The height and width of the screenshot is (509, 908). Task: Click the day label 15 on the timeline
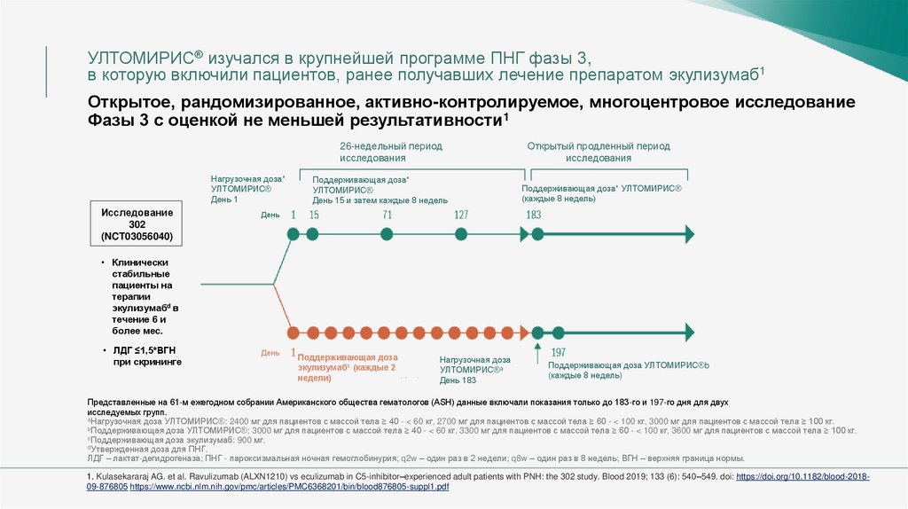pyautogui.click(x=314, y=215)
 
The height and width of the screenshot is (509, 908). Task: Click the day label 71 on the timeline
pyautogui.click(x=387, y=215)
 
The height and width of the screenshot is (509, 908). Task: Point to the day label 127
pyautogui.click(x=461, y=215)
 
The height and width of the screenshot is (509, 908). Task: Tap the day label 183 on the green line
pyautogui.click(x=534, y=215)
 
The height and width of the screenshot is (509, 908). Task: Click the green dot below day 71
pyautogui.click(x=387, y=235)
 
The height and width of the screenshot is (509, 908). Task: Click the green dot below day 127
pyautogui.click(x=461, y=235)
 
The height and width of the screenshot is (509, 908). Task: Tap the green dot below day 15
pyautogui.click(x=313, y=235)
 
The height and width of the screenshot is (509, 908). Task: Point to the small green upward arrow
pyautogui.click(x=537, y=349)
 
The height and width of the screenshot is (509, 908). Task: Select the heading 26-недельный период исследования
pyautogui.click(x=391, y=152)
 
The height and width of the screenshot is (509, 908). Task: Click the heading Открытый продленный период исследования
pyautogui.click(x=599, y=152)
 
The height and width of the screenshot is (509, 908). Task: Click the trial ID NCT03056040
pyautogui.click(x=137, y=237)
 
